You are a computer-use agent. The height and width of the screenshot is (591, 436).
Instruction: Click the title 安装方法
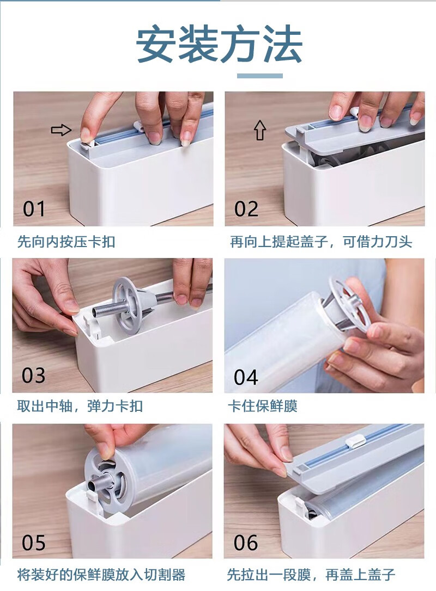219,44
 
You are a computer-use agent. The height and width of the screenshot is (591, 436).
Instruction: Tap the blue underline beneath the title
260,76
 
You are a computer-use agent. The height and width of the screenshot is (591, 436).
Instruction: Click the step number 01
34,209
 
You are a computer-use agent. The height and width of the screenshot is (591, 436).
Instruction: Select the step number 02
246,209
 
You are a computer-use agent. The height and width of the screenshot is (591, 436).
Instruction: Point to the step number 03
34,375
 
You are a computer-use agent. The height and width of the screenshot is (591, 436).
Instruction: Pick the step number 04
246,377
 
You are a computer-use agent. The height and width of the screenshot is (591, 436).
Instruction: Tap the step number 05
34,543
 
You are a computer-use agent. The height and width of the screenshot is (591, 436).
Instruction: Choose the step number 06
246,543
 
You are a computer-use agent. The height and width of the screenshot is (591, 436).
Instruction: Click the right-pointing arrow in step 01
61,130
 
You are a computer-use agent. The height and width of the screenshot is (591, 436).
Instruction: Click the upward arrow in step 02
260,130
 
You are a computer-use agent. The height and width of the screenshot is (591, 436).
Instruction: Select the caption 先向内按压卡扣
66,242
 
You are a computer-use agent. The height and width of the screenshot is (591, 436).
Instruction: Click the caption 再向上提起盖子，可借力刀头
321,242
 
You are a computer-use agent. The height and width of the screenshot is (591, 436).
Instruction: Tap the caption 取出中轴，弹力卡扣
80,406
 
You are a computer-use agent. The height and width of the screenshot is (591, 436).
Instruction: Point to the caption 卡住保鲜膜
263,406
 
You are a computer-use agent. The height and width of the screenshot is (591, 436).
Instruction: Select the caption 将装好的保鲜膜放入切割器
101,575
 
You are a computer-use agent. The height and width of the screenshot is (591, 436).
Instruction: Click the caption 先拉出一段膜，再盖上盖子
311,575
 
